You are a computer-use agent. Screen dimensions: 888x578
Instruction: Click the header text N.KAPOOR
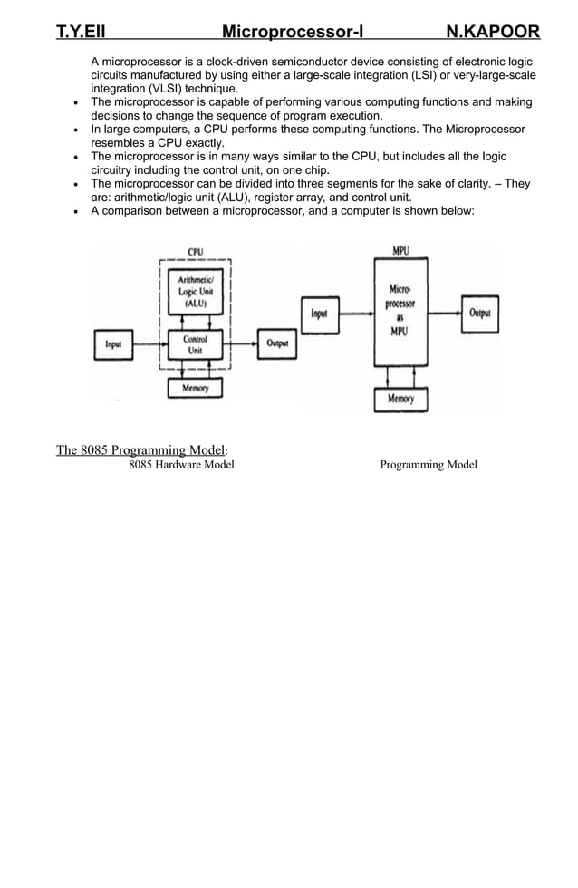493,33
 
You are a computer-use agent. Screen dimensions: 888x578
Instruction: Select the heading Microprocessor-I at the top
293,33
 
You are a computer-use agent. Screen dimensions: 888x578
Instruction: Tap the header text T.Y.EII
81,33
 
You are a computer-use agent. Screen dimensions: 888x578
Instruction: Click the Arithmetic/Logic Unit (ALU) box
195,292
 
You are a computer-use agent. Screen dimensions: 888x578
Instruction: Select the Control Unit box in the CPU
195,344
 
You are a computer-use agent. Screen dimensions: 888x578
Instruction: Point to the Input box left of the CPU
113,344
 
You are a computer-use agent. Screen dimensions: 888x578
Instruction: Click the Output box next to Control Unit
276,343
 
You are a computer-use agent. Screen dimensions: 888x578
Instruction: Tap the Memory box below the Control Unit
195,388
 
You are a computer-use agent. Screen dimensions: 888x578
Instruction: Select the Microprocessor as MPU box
400,310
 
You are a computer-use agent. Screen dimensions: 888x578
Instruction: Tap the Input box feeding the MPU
319,314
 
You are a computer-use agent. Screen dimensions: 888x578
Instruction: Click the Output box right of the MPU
479,314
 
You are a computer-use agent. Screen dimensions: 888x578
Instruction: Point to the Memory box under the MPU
400,399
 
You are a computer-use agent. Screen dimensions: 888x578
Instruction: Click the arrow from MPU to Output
443,314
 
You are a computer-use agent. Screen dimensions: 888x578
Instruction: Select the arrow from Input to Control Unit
150,344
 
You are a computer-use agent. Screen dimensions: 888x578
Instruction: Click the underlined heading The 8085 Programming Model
141,450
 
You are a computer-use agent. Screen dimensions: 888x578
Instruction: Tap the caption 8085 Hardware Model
181,465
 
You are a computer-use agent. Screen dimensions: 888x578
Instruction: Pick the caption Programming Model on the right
428,465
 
